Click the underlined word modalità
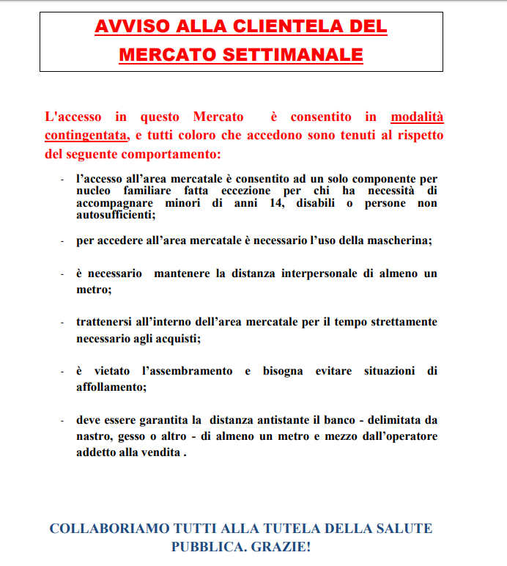417,117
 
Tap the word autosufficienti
115,215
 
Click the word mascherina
399,240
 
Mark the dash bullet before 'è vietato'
62,372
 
